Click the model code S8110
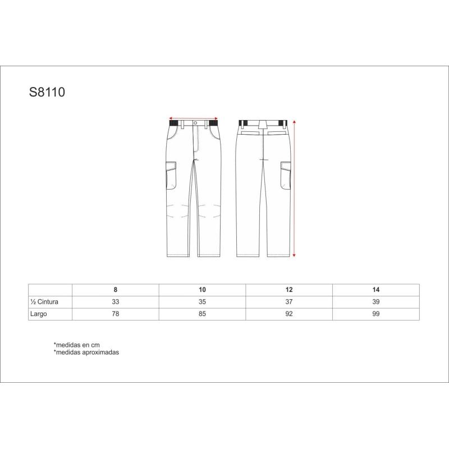pos(47,92)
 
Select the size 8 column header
pos(116,290)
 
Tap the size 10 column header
pos(202,290)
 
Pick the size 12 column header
pos(289,290)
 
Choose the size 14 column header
pos(375,290)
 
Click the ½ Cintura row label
pos(44,302)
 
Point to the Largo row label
pos(38,314)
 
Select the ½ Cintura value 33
pos(116,302)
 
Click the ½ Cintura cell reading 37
pos(289,302)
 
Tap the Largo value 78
pos(116,314)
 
